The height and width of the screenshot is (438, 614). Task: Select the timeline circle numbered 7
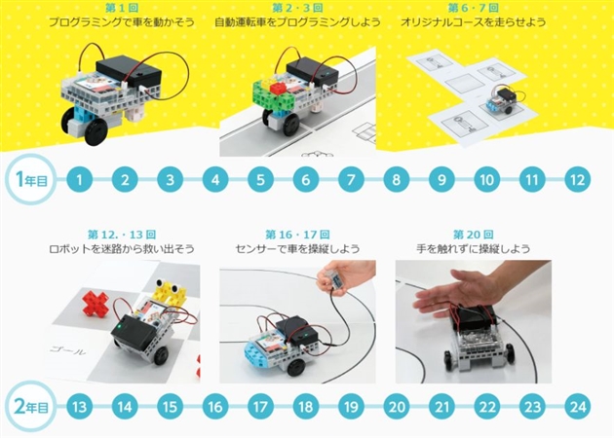pos(351,179)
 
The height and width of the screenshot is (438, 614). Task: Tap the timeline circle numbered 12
pos(577,179)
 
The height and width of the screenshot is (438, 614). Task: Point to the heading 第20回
pos(473,235)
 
